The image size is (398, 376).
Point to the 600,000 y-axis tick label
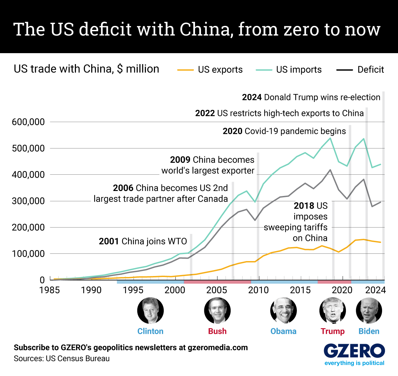(28, 122)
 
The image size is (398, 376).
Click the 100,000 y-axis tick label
(28, 254)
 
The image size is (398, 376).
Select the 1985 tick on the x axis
(49, 290)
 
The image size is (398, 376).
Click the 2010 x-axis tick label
(258, 290)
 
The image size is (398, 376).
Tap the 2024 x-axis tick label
(375, 290)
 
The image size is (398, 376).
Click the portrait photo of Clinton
(150, 311)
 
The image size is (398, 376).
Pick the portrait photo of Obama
(284, 311)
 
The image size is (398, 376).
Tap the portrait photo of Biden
(369, 311)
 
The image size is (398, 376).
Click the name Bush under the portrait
(217, 331)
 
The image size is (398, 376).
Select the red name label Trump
(332, 331)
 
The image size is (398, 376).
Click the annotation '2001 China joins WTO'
(143, 241)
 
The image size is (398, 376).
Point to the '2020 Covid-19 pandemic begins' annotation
(284, 131)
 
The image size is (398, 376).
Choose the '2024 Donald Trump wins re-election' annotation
(311, 97)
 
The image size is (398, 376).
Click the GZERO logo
(354, 351)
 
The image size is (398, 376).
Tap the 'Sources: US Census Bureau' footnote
(62, 359)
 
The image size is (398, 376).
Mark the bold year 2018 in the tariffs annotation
(304, 206)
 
